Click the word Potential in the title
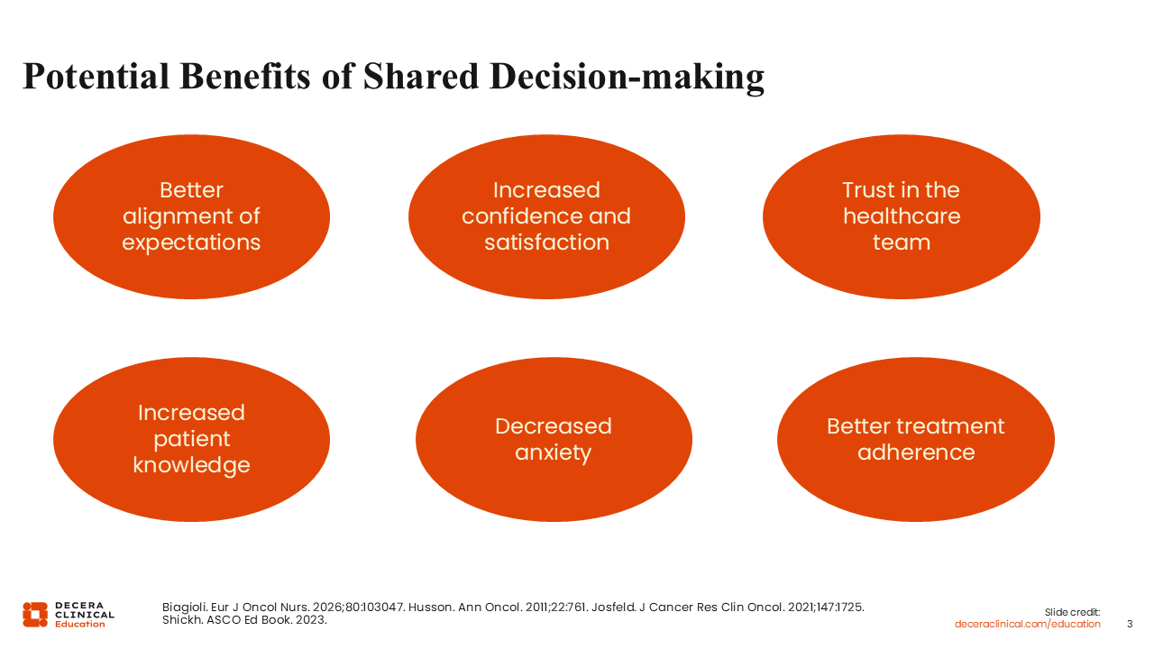click(96, 77)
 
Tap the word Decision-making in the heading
click(627, 78)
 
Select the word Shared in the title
click(421, 77)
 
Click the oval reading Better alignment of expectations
click(192, 217)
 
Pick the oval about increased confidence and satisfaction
click(546, 217)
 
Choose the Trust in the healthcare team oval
click(902, 217)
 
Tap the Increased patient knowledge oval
click(192, 439)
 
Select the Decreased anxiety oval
click(554, 439)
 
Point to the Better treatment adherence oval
click(916, 439)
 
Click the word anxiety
click(554, 453)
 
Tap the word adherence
click(916, 452)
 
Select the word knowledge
click(192, 466)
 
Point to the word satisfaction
click(546, 242)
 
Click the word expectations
click(192, 243)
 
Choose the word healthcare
click(902, 215)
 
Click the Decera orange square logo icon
click(35, 615)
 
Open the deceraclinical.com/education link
click(1027, 625)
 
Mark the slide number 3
click(1130, 625)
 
